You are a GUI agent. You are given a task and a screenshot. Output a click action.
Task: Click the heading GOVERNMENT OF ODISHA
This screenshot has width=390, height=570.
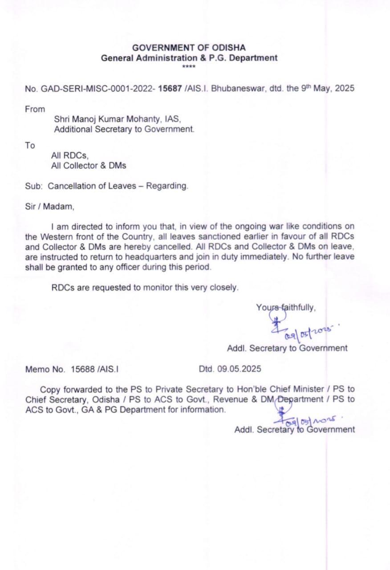click(x=189, y=48)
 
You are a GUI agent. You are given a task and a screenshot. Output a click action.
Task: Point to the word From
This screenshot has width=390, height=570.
click(x=35, y=109)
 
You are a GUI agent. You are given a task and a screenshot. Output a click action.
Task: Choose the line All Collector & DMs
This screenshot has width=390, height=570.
click(x=89, y=166)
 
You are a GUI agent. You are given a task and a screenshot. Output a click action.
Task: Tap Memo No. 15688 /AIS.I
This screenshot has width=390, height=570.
click(x=71, y=369)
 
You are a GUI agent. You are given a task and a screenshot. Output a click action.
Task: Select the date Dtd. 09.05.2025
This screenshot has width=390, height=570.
click(x=230, y=369)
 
